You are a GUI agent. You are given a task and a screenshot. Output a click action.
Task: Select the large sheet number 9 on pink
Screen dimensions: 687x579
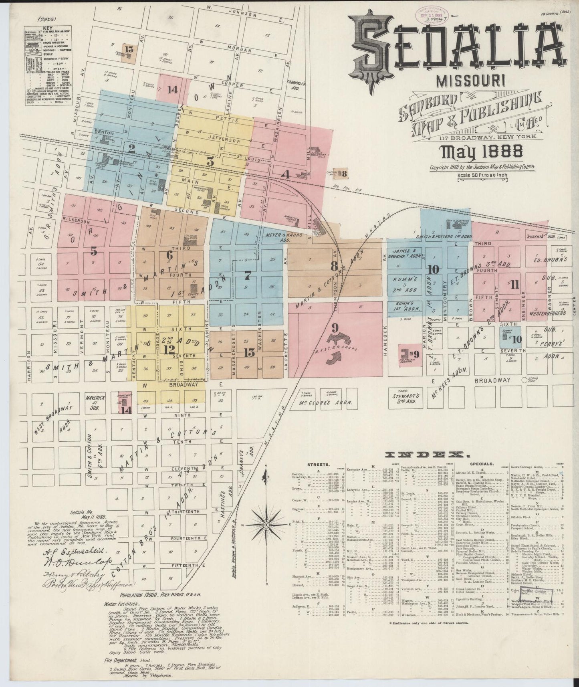pyautogui.click(x=335, y=328)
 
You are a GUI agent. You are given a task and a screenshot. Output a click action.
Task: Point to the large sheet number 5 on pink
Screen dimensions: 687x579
pyautogui.click(x=94, y=251)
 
